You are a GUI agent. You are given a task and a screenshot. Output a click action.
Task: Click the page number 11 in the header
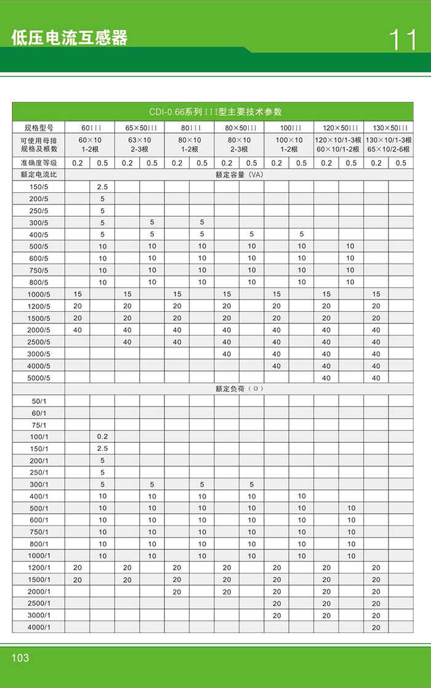[x=403, y=39]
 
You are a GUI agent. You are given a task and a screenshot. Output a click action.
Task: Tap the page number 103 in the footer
[x=20, y=658]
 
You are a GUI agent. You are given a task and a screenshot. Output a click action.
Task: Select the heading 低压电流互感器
[x=70, y=38]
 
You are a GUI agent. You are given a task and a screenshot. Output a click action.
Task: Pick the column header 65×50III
[x=139, y=128]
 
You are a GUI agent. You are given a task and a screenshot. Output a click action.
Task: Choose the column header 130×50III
[x=388, y=128]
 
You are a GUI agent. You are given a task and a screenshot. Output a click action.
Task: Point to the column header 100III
[x=289, y=128]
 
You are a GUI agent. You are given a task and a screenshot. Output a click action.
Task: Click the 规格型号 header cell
[x=39, y=128]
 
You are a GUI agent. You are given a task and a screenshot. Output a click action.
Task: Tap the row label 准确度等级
[x=39, y=163]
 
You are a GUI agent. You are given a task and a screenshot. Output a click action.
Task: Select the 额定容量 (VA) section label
[x=239, y=175]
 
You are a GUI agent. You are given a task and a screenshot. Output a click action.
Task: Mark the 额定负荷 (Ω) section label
[x=239, y=389]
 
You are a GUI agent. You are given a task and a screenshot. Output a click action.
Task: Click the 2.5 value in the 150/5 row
[x=102, y=187]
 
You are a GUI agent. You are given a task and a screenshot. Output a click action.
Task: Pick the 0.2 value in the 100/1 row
[x=102, y=437]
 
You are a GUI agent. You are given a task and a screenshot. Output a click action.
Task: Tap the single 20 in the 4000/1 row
[x=376, y=628]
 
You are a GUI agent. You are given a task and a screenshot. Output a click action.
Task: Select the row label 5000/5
[x=39, y=378]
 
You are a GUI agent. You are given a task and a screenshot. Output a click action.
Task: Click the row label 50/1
[x=39, y=401]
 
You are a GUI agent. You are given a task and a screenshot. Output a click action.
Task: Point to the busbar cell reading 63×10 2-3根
[x=139, y=145]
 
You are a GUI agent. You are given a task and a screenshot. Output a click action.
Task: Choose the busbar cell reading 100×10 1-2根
[x=289, y=145]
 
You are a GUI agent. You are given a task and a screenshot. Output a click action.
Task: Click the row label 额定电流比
[x=39, y=175]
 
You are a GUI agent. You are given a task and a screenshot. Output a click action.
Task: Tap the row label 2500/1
[x=39, y=604]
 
